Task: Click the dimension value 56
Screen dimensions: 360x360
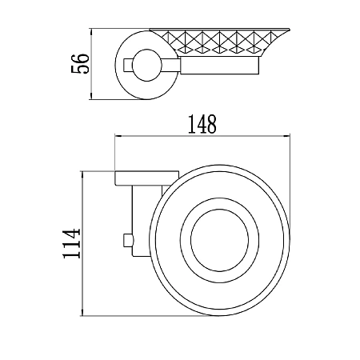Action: click(80, 63)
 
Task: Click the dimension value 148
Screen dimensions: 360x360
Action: click(202, 124)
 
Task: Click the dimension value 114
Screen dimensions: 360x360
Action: click(71, 243)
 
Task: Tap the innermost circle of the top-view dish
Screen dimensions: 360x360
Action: click(220, 240)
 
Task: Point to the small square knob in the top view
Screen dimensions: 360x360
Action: click(127, 240)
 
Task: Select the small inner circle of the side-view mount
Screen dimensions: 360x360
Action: click(147, 65)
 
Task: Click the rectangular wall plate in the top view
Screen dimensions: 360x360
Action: click(146, 178)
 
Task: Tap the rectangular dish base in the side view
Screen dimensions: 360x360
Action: click(220, 66)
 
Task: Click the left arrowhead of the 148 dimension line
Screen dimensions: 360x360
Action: click(118, 136)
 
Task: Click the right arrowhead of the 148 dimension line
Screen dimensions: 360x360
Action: click(287, 136)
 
